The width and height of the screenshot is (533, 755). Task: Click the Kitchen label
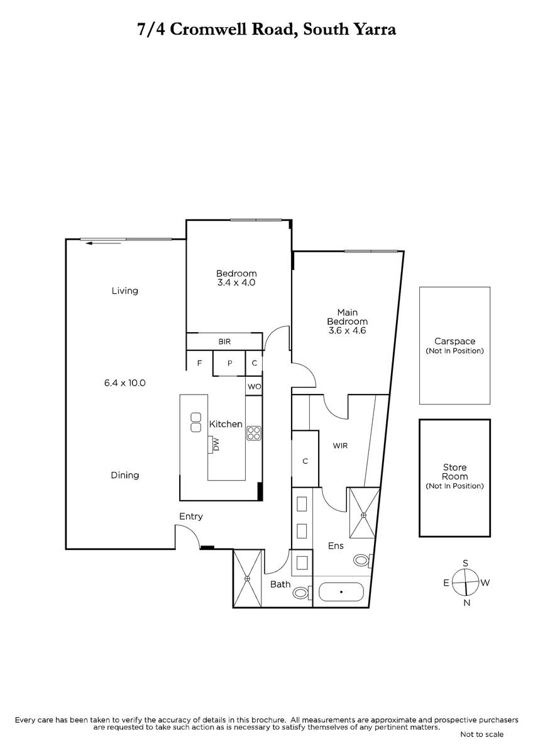(x=226, y=424)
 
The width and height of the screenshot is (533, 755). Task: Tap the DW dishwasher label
(x=216, y=444)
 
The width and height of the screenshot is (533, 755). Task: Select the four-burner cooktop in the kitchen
(x=253, y=433)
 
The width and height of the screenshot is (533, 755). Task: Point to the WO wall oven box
(x=254, y=386)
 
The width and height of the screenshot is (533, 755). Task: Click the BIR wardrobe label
(x=224, y=342)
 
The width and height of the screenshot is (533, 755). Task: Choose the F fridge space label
(x=199, y=363)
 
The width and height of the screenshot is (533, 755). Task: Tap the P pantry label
(x=229, y=363)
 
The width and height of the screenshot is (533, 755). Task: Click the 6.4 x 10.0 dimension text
(x=124, y=383)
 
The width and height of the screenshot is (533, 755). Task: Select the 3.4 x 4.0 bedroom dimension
(x=236, y=282)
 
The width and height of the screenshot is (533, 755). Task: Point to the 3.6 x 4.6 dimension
(x=347, y=330)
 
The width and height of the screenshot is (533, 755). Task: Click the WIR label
(x=340, y=445)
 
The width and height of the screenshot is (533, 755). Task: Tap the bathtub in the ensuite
(x=341, y=592)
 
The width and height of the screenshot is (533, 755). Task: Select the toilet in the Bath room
(x=302, y=593)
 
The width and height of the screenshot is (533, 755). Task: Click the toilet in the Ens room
(x=363, y=561)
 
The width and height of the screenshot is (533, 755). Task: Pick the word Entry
(x=191, y=517)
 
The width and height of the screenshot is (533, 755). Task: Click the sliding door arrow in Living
(x=103, y=243)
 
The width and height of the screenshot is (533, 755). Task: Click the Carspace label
(x=454, y=341)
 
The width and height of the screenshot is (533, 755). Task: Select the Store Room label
(x=454, y=472)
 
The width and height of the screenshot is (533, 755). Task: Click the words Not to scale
(x=482, y=734)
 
